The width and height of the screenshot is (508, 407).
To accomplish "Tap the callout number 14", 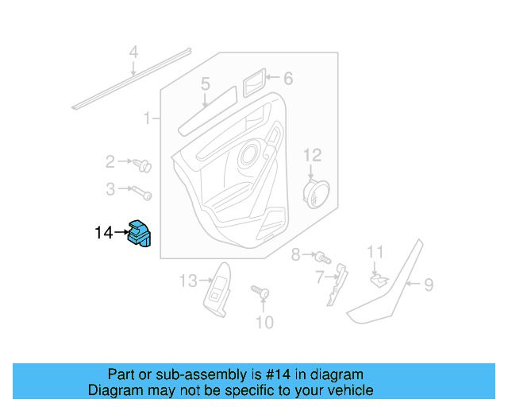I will (x=103, y=233).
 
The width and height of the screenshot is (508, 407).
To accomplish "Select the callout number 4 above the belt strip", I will (x=134, y=53).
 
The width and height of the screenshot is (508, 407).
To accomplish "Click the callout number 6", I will (x=287, y=78).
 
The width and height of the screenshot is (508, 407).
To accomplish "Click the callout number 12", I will (x=312, y=154).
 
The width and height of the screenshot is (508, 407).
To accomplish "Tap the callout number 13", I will (x=187, y=281).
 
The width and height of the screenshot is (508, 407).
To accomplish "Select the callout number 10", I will (x=264, y=322).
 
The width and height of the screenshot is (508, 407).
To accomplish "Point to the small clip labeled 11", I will (x=379, y=279).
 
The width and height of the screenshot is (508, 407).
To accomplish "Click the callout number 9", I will (x=428, y=285).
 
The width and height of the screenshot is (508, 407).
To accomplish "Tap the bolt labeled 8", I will (x=322, y=258).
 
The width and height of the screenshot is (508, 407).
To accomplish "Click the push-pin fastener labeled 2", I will (x=144, y=166).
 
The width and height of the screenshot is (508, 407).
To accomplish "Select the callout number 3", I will (x=110, y=189).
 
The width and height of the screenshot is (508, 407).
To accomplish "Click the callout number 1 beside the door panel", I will (x=147, y=119).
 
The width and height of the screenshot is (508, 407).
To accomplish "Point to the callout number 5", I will (x=205, y=83).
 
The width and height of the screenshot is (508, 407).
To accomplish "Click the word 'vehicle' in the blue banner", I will (x=348, y=390).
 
